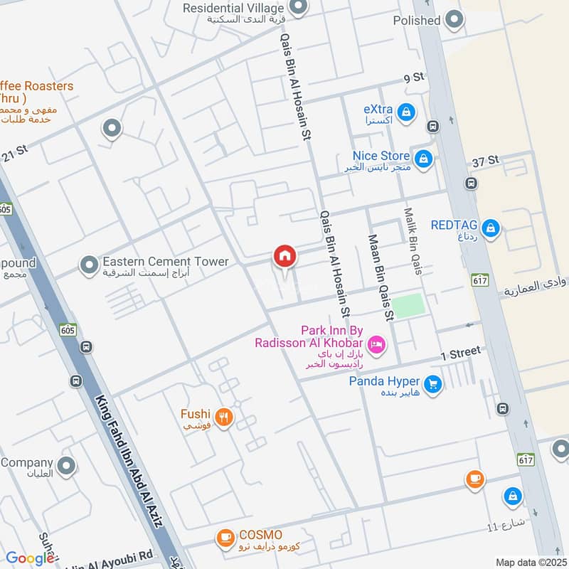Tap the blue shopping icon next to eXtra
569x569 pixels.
click(406, 112)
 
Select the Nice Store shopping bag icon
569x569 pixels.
click(423, 159)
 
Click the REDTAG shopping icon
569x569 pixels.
click(490, 228)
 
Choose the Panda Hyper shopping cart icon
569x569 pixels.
click(433, 385)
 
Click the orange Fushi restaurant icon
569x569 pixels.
click(224, 417)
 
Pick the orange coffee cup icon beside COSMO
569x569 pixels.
click(225, 538)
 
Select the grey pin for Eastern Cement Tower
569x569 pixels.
click(89, 266)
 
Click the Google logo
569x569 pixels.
click(30, 558)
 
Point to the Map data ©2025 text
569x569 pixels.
click(530, 563)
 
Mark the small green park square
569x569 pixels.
click(408, 306)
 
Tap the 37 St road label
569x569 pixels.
click(487, 162)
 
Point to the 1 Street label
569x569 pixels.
click(461, 353)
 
